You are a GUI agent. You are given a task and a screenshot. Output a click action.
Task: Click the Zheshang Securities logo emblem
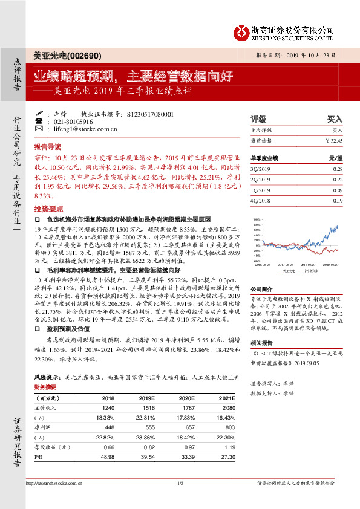click(241, 33)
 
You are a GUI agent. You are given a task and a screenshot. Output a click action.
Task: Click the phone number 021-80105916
click(71, 122)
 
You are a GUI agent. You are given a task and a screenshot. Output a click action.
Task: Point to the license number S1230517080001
click(151, 114)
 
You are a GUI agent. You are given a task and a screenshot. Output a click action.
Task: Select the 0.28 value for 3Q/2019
click(338, 170)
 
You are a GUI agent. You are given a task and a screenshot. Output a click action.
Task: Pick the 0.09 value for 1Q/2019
click(338, 190)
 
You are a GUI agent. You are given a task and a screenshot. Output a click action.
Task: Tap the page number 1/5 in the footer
click(180, 483)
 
